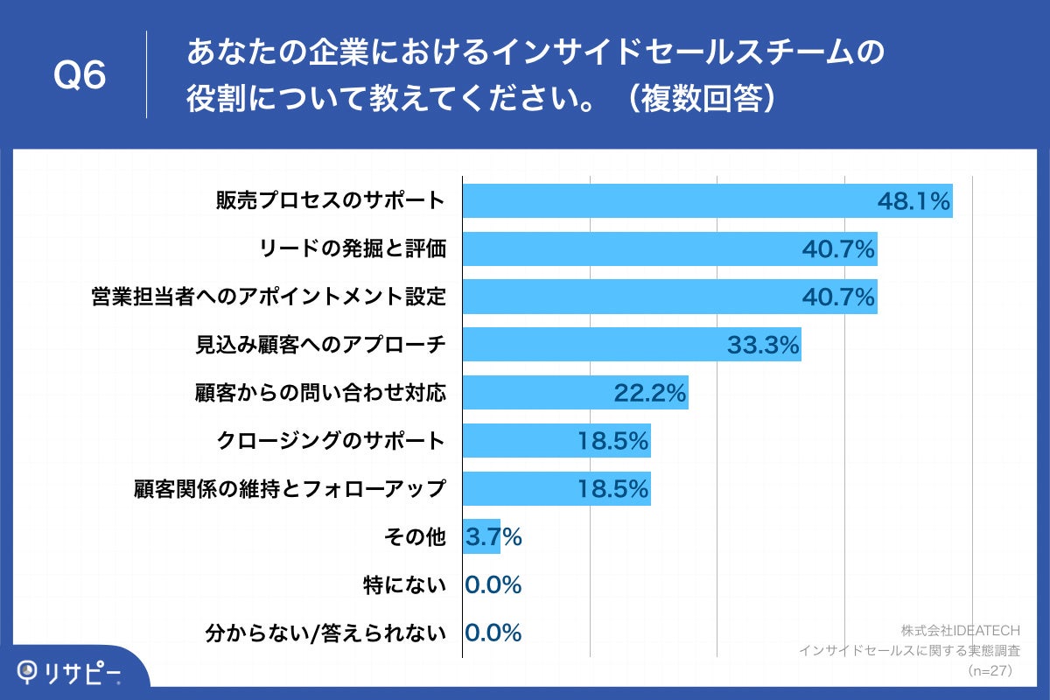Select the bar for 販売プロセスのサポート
[665, 201]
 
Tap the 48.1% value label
[913, 202]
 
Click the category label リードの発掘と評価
[353, 249]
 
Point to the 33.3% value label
[763, 346]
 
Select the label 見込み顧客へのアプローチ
[320, 346]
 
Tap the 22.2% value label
[650, 394]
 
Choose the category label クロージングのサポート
[332, 441]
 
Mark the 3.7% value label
[493, 537]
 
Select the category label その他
[416, 537]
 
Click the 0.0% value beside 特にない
[493, 585]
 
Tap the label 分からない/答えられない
[325, 633]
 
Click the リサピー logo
[70, 672]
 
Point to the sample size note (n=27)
[989, 670]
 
